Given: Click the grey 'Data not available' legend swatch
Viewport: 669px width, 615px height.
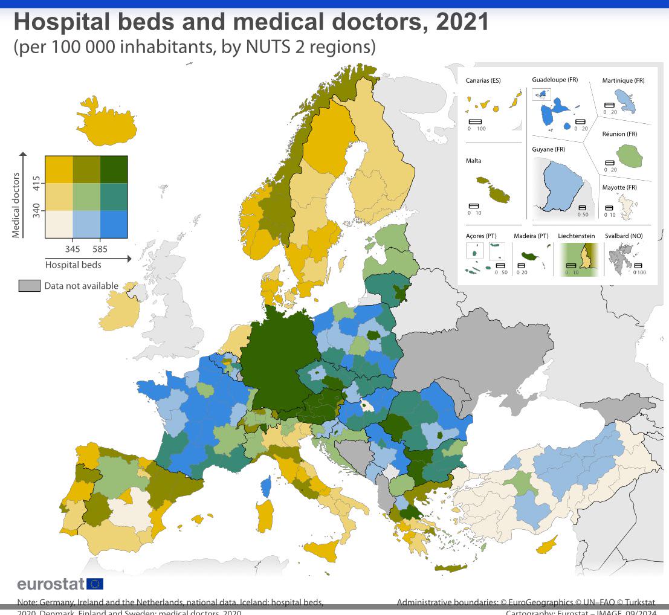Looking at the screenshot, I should tap(30, 286).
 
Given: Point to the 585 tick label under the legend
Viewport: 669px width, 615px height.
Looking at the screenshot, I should tap(100, 248).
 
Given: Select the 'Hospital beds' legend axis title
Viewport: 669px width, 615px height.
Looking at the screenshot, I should tap(73, 265).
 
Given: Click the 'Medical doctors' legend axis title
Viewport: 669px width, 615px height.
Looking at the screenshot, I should tap(16, 205).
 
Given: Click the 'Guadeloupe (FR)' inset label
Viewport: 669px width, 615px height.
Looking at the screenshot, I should tap(555, 80).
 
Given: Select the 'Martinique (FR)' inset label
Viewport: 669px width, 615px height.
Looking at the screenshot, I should tap(623, 80).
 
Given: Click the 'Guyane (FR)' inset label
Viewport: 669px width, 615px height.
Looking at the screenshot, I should tap(548, 149).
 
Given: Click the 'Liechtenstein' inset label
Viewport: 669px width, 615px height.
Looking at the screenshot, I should tap(576, 236).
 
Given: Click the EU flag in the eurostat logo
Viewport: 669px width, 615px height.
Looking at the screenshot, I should tap(95, 584).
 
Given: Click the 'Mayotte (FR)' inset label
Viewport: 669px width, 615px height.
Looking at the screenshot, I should tap(619, 187).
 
